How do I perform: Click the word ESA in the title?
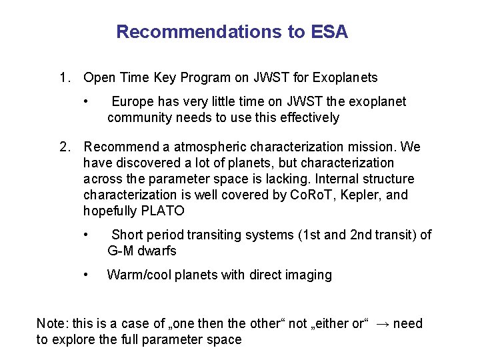(329, 32)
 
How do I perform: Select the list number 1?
(63, 78)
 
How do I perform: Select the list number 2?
(63, 147)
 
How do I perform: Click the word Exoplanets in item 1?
(347, 78)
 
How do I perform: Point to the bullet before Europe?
(87, 102)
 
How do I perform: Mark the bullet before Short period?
(87, 235)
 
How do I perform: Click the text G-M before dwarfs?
(122, 251)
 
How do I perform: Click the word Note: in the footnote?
(51, 324)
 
